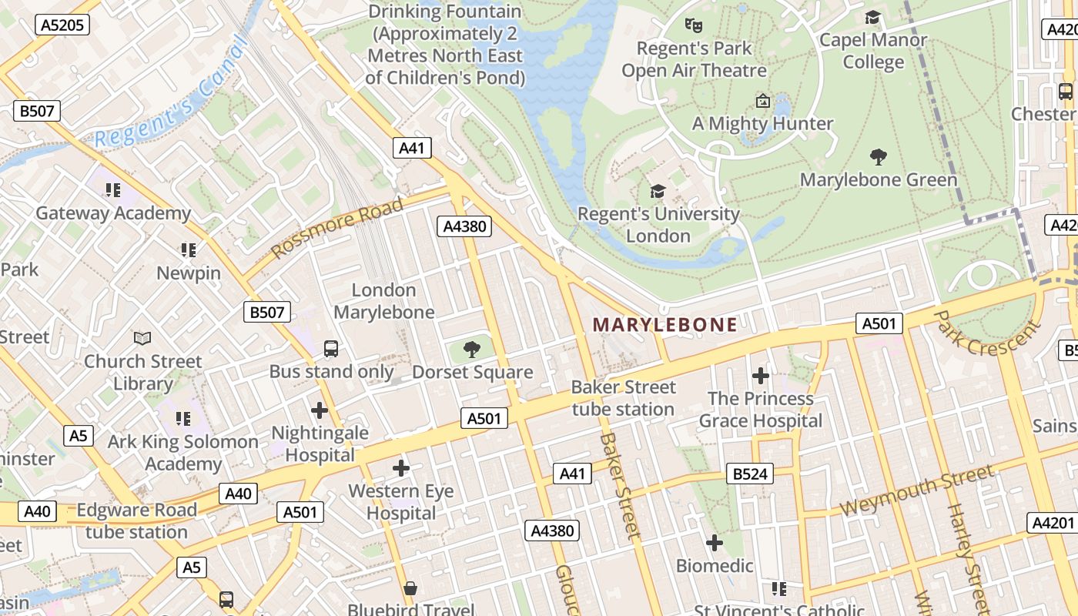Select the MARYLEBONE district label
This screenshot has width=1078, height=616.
click(665, 325)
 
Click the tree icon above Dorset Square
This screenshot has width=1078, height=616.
click(472, 351)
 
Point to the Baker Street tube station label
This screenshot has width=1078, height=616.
click(623, 398)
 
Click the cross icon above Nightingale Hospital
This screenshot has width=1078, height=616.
click(320, 410)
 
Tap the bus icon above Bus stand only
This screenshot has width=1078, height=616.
click(331, 349)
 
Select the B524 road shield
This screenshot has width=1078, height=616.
click(749, 474)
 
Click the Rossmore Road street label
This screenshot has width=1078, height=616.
click(337, 228)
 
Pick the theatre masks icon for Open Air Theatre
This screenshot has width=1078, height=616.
click(694, 25)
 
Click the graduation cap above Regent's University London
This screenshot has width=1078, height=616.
click(658, 191)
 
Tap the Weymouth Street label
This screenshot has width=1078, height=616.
click(916, 490)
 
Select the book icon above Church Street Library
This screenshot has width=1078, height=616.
click(142, 338)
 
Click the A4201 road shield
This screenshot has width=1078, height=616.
click(1051, 523)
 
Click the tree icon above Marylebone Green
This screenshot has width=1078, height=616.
click(878, 158)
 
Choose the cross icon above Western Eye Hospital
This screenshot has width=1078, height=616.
click(400, 468)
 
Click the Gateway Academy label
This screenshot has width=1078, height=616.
click(113, 213)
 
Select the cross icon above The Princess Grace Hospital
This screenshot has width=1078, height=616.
click(761, 376)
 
